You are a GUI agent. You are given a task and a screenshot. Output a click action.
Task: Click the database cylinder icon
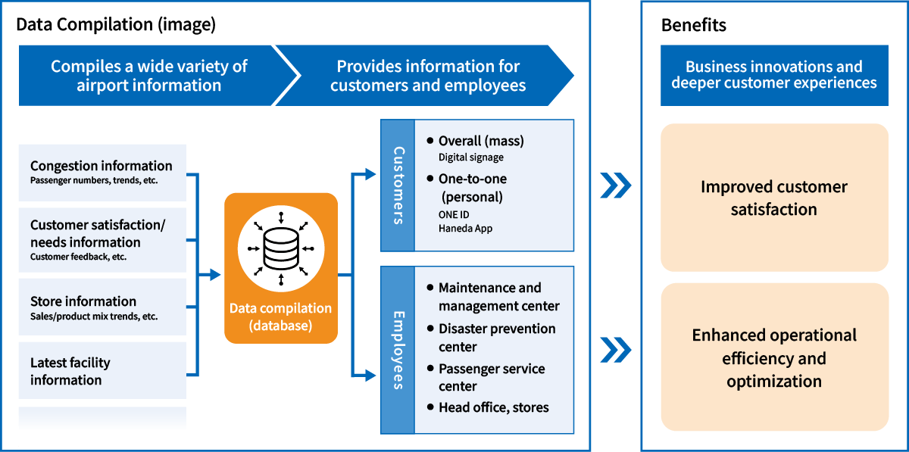click(281, 248)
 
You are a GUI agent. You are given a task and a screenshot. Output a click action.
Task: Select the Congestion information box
click(102, 173)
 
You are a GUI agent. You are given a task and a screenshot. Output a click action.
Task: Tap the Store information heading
click(83, 301)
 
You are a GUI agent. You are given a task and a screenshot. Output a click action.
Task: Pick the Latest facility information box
click(102, 371)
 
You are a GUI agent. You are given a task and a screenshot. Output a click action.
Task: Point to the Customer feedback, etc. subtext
click(78, 257)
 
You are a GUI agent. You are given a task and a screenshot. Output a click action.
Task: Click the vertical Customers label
click(398, 185)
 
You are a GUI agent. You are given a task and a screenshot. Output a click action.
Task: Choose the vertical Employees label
click(398, 349)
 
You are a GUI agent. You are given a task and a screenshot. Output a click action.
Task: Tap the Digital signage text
click(470, 157)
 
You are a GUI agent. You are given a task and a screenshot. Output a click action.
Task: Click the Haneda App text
click(465, 228)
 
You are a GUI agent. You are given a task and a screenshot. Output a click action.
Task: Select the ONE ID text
click(454, 214)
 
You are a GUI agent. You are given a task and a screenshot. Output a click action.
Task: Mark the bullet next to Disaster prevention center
click(430, 329)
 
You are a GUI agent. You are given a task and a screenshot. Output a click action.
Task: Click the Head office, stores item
click(493, 407)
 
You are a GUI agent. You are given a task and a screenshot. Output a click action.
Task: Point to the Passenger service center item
click(492, 377)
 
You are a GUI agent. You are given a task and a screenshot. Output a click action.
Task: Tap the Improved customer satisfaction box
click(773, 198)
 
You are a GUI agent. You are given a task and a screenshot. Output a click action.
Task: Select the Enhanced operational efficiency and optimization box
click(773, 357)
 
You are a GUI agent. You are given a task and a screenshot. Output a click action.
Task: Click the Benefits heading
click(693, 25)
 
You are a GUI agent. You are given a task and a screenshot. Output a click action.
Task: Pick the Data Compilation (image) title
click(116, 25)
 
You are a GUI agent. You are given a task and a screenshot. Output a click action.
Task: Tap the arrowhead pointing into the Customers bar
click(370, 175)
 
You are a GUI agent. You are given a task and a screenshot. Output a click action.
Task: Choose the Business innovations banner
click(773, 75)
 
